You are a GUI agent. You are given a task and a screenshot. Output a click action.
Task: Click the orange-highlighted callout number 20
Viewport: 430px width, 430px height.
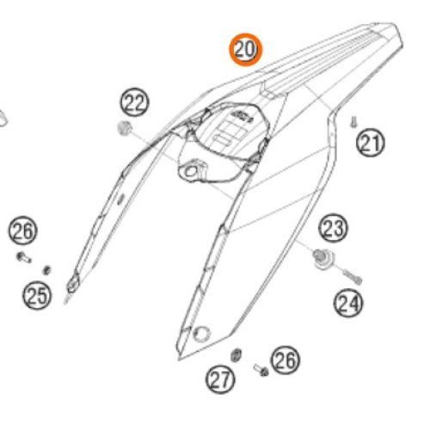(245, 50)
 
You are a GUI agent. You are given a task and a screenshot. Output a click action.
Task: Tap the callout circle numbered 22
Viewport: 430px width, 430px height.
(134, 105)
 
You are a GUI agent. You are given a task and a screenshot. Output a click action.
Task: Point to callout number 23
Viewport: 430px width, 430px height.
(334, 230)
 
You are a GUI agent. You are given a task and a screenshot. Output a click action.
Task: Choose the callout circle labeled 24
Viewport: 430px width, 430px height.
(349, 302)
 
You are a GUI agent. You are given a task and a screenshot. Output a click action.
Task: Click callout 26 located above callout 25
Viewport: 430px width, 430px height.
(23, 230)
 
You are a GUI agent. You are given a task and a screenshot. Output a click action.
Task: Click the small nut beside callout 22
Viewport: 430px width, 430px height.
(124, 130)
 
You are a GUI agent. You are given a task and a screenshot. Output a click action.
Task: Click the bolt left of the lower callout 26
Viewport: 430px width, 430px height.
(260, 370)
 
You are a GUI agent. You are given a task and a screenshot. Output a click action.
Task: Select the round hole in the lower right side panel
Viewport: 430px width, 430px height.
(202, 333)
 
